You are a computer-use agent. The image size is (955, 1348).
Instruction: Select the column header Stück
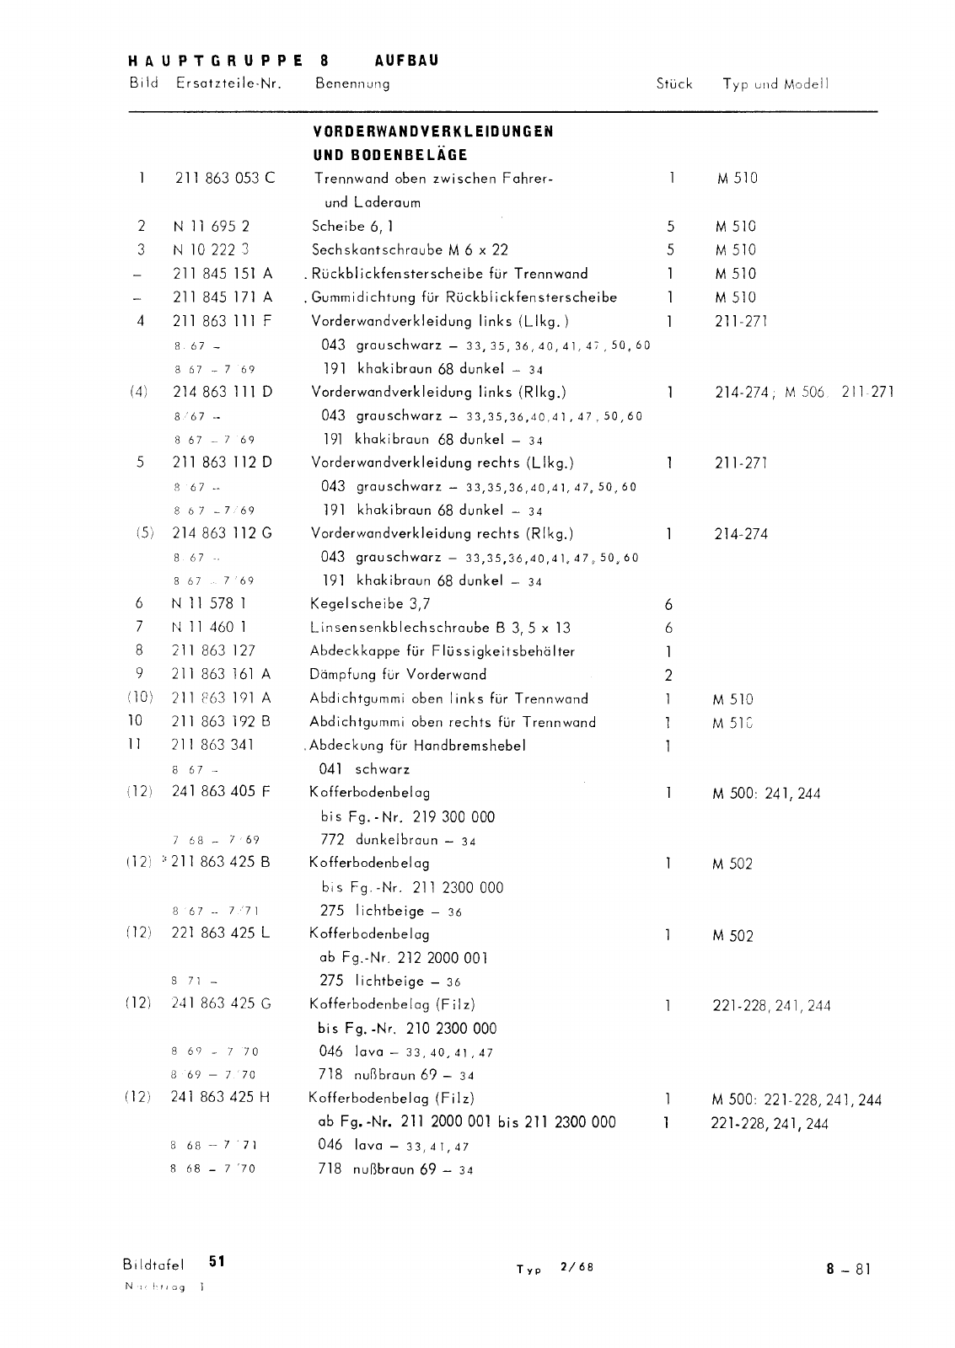(673, 83)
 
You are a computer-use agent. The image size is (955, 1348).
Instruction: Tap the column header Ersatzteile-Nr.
(228, 83)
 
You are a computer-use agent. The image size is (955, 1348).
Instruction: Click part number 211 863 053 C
(224, 178)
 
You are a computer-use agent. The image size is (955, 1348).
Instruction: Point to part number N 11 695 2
(211, 226)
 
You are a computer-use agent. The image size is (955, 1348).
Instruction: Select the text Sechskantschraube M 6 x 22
(410, 249)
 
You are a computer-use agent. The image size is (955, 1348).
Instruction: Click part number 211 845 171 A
(223, 297)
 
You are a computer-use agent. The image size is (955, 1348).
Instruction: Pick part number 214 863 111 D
(223, 392)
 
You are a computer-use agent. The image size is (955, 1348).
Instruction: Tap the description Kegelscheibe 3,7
(371, 603)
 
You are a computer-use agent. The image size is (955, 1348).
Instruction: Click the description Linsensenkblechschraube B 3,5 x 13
(441, 627)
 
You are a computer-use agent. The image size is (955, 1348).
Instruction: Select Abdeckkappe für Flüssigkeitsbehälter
(443, 650)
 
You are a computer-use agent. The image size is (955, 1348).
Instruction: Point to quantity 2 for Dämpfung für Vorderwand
(668, 675)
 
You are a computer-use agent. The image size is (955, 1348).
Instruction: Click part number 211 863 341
(212, 745)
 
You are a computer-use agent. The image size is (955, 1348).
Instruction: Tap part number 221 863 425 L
(221, 933)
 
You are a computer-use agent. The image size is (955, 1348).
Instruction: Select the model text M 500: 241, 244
(766, 793)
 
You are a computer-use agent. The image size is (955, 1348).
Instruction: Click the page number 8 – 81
(847, 1269)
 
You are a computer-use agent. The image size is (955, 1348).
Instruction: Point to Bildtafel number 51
(217, 1261)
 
